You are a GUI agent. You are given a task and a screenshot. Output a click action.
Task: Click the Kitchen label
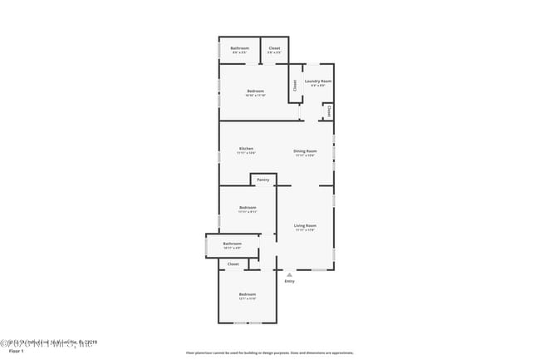tap(246, 149)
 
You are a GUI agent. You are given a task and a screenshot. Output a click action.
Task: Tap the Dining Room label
tap(305, 150)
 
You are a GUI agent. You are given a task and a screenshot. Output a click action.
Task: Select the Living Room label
tap(305, 225)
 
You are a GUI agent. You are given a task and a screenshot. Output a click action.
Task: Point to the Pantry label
tap(263, 180)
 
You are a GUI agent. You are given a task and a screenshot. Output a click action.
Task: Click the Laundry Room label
tap(318, 81)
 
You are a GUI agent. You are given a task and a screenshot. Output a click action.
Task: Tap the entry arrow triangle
tap(289, 274)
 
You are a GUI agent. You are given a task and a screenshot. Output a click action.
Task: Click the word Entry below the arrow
tap(289, 281)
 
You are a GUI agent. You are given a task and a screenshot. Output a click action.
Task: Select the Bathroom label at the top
tap(239, 48)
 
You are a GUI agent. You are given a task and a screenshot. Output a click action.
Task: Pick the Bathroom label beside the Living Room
tap(232, 244)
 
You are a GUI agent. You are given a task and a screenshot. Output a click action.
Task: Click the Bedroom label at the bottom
tap(248, 294)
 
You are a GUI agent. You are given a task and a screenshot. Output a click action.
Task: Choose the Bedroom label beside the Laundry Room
tap(255, 91)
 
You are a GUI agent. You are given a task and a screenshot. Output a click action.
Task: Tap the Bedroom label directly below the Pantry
tap(248, 207)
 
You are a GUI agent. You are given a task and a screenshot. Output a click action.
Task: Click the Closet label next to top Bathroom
tap(274, 48)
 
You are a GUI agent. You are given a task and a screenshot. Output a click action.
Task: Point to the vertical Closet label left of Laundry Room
tap(294, 85)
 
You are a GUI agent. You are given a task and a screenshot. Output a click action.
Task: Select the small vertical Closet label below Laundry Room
tap(329, 110)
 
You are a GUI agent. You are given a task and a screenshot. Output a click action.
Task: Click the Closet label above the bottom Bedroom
tap(233, 264)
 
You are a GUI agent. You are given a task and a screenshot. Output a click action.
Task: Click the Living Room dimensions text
tap(305, 230)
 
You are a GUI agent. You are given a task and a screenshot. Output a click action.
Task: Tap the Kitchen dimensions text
tap(246, 154)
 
